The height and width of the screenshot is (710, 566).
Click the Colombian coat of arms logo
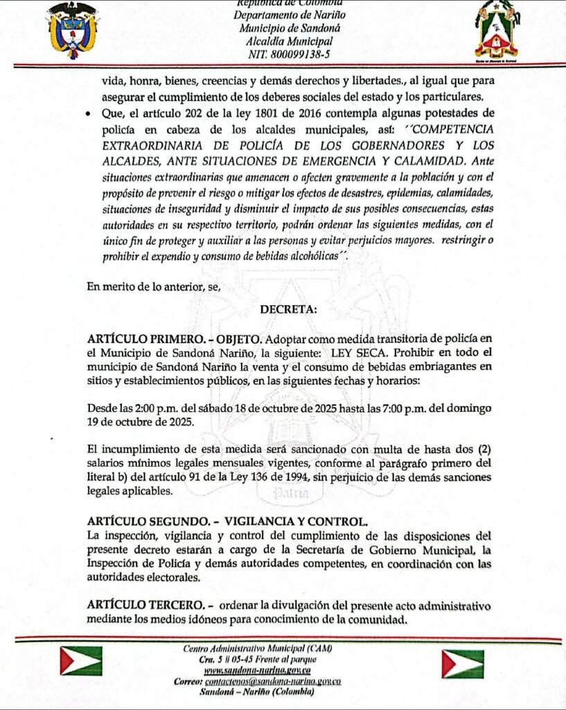click(72, 31)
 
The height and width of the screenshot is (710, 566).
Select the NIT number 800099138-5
click(281, 53)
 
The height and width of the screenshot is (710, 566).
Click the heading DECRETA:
click(288, 311)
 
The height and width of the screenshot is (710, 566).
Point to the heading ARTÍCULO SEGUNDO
click(140, 521)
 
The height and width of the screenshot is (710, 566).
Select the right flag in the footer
click(463, 664)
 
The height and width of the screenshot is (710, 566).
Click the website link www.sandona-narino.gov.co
click(257, 670)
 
